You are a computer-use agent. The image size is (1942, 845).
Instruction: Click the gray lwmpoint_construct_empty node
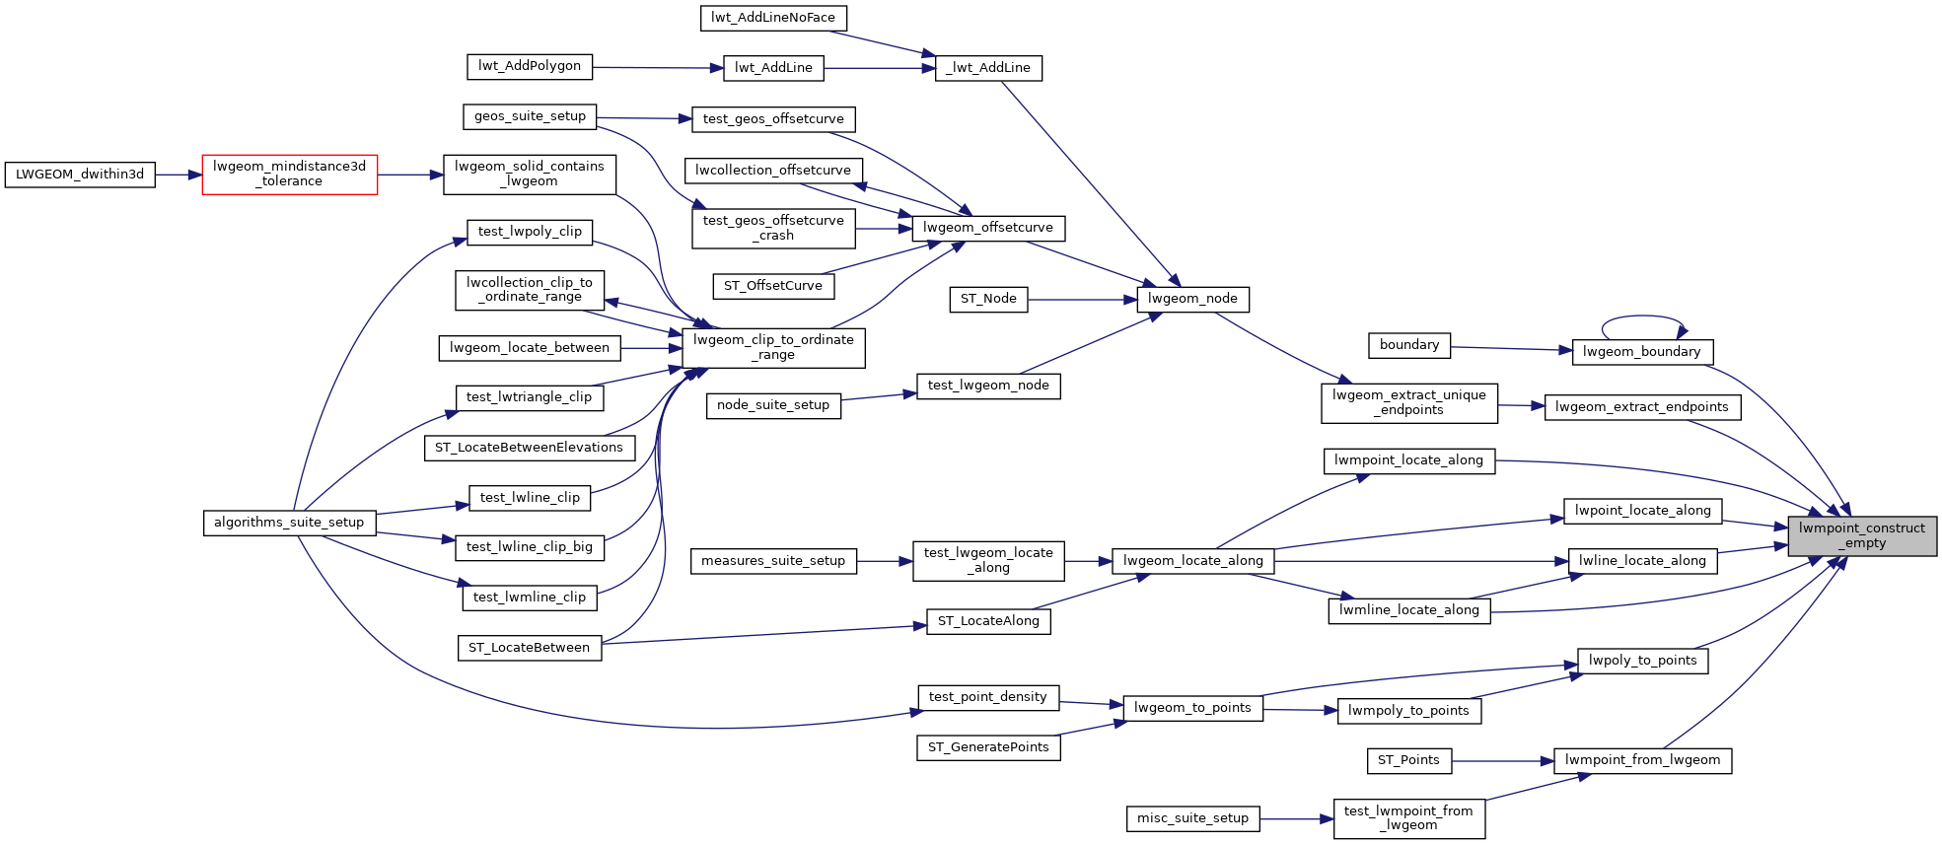[x=1861, y=535]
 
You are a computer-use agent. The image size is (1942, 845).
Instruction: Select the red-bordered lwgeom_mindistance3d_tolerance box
[x=289, y=175]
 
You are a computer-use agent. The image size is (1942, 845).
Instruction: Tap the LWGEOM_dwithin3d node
[x=80, y=175]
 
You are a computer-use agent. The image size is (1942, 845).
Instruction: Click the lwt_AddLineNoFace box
[x=772, y=18]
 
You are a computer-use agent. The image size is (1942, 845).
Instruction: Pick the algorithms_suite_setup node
[x=289, y=523]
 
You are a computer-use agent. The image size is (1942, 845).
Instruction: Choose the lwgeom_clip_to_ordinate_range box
[x=773, y=347]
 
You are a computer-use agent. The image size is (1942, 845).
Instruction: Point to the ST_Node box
[x=988, y=299]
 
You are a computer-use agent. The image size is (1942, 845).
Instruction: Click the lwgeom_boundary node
[x=1641, y=352]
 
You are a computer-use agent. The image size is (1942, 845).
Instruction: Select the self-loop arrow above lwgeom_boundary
[x=1642, y=317]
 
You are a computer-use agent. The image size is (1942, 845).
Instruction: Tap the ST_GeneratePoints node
[x=988, y=747]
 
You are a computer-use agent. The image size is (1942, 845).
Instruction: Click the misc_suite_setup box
[x=1192, y=818]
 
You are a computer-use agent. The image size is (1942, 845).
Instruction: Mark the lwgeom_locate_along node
[x=1192, y=561]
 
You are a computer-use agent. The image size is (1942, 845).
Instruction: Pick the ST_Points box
[x=1408, y=760]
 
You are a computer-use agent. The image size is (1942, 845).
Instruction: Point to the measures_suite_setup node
[x=773, y=561]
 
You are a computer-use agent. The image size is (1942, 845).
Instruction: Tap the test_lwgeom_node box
[x=988, y=386]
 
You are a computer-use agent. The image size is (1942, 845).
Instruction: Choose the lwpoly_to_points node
[x=1642, y=661]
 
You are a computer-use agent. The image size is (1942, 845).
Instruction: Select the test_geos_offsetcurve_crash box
[x=773, y=228]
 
